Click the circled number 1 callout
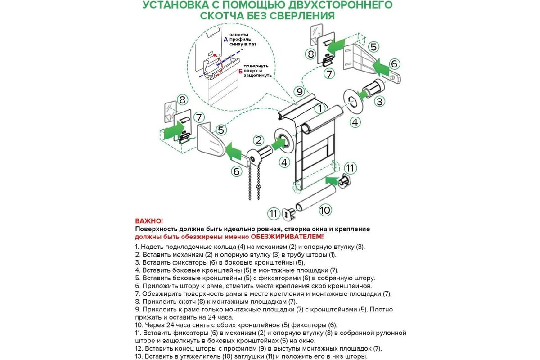click(319, 108)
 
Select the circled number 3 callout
click(380, 102)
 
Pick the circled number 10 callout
click(325, 210)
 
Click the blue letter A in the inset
click(225, 40)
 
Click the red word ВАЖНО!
click(149, 221)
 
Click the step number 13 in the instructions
click(139, 356)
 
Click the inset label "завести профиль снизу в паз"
click(244, 40)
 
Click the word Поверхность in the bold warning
click(155, 229)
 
